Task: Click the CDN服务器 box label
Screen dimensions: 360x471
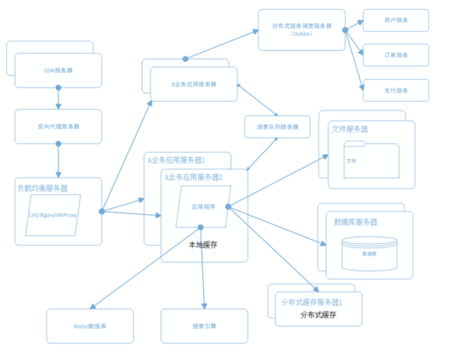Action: [x=58, y=71]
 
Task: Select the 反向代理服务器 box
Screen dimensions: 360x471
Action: [x=58, y=126]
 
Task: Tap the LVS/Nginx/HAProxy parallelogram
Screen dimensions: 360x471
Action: [x=53, y=215]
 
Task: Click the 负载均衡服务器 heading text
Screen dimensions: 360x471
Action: [x=42, y=188]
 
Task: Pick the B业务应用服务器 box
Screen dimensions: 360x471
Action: [x=194, y=84]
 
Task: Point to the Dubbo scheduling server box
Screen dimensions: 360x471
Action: [x=301, y=29]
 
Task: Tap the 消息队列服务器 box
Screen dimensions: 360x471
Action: [x=277, y=126]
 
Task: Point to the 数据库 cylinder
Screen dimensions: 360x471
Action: [x=369, y=253]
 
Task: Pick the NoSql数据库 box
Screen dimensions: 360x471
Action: [x=90, y=326]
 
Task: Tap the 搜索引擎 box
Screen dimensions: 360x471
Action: [x=204, y=326]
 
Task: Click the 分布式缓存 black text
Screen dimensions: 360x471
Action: [x=319, y=315]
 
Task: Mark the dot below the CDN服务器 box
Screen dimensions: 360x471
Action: [x=58, y=88]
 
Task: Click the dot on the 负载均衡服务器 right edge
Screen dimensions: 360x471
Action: [x=102, y=211]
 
